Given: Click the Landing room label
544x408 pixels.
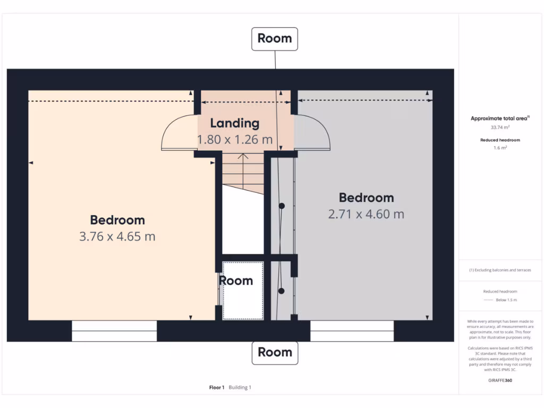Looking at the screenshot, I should tap(234, 123).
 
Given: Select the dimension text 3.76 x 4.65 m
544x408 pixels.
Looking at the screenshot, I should tap(117, 236).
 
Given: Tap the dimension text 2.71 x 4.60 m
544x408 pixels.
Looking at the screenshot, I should tap(366, 214).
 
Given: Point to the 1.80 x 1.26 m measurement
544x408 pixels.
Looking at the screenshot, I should tap(234, 140).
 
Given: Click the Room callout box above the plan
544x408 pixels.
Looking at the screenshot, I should tap(275, 39).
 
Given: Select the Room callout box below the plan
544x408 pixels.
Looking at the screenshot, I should tap(275, 352).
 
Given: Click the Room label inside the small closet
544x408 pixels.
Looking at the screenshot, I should tap(236, 281).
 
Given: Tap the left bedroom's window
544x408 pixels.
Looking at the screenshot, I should tap(114, 330).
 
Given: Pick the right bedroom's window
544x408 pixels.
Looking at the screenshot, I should tap(352, 330).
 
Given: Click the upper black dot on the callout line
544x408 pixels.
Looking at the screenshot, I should tap(282, 206).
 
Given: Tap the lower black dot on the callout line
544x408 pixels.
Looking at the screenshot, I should tap(282, 291).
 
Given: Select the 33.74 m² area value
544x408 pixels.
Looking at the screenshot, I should tap(499, 127).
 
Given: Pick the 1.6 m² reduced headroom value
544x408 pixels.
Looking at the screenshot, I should tap(500, 148).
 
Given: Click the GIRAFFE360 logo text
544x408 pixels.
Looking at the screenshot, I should tap(500, 380).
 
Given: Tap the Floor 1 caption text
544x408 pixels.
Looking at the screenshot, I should tap(217, 387).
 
